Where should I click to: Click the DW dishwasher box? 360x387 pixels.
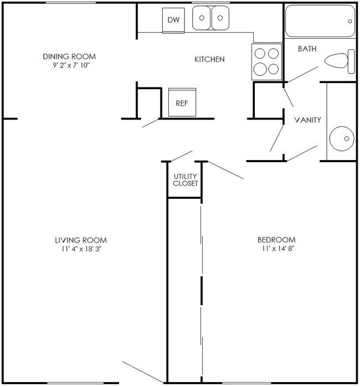point(173,20)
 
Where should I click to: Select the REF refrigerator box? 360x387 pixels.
point(181,102)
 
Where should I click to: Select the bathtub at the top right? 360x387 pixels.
point(320,21)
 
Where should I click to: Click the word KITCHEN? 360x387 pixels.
point(209,59)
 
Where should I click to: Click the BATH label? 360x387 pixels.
point(307,49)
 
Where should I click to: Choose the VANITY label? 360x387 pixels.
point(307,120)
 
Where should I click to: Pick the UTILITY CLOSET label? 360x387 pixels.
point(186,179)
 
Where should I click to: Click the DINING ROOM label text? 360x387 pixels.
point(69,56)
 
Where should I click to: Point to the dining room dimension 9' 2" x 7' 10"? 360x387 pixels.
point(69,65)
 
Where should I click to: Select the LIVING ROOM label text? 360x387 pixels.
point(80,240)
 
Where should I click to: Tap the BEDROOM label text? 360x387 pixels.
point(276,240)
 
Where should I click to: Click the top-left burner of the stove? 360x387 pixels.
point(260,54)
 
